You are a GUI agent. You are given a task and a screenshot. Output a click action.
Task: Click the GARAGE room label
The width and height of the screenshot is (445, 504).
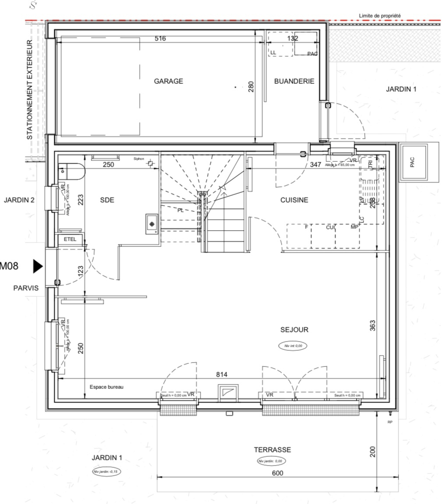(168, 81)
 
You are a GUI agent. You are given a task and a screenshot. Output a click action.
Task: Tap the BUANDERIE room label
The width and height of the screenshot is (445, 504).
(294, 81)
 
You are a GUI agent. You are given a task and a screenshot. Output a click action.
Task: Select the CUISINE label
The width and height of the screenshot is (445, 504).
(294, 200)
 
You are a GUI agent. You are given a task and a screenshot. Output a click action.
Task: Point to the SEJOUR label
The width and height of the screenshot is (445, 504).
(294, 330)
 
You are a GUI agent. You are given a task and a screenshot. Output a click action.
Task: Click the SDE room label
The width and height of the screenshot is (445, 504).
(107, 200)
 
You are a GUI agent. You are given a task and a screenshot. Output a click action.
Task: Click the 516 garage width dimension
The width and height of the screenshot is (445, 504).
(160, 38)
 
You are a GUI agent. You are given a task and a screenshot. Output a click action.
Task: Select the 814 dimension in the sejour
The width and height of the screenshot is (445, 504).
(222, 375)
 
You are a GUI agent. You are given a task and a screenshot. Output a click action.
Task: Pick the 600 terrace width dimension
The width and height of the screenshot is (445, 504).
(277, 473)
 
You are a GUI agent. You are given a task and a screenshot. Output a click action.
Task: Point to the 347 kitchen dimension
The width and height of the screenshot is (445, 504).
(315, 165)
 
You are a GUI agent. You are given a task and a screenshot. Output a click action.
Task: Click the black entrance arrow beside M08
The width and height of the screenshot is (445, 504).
(38, 266)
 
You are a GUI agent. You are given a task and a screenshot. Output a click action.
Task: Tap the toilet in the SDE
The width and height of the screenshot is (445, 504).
(71, 171)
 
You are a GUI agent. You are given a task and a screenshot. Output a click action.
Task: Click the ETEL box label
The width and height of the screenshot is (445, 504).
(70, 239)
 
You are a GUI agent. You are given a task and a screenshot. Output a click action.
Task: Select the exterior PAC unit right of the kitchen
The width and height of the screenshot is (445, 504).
(413, 162)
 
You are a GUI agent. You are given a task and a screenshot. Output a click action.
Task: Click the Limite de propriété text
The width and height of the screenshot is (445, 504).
(379, 16)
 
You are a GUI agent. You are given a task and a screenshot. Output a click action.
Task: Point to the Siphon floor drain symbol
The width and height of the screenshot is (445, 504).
(150, 164)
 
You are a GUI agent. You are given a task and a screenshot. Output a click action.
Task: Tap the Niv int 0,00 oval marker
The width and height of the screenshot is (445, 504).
(293, 346)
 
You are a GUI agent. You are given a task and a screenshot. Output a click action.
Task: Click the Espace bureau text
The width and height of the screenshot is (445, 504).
(106, 387)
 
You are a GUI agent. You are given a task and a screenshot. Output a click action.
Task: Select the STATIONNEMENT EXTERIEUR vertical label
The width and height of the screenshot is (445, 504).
(29, 90)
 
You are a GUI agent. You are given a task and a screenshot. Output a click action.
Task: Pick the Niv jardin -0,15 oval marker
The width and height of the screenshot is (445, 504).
(106, 472)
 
